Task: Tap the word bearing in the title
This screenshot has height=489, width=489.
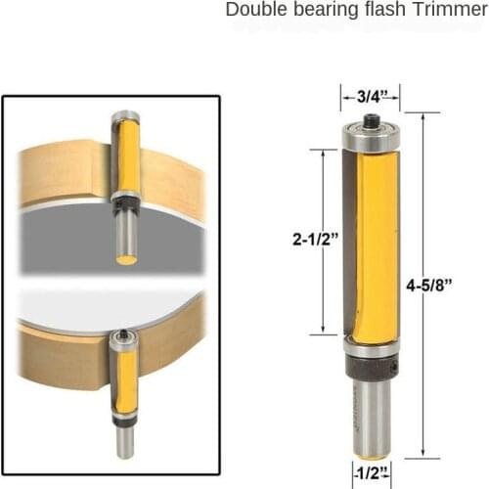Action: tap(321, 11)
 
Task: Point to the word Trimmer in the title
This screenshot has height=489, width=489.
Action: tap(442, 11)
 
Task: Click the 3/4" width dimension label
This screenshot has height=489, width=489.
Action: tap(371, 96)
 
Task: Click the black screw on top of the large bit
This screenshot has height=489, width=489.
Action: tap(372, 122)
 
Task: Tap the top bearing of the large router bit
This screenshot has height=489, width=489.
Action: tap(372, 139)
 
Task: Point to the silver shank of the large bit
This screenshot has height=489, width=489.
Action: tap(372, 416)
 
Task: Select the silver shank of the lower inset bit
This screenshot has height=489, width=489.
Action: tap(124, 440)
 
